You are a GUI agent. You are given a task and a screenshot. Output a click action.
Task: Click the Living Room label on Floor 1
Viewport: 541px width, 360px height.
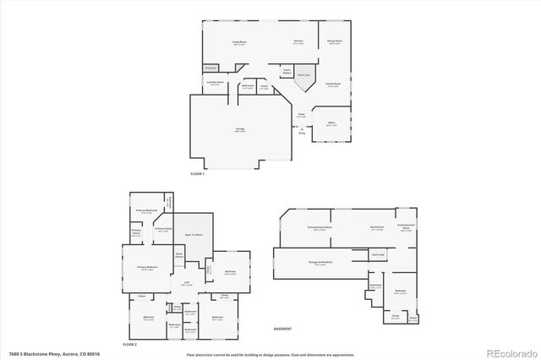coord(238,41)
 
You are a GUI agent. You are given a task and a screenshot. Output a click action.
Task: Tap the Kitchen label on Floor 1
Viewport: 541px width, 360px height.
coord(298,41)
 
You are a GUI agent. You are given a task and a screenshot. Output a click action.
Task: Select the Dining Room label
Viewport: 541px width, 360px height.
coord(335,41)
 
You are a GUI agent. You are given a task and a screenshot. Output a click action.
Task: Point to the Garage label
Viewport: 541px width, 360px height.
coord(240,129)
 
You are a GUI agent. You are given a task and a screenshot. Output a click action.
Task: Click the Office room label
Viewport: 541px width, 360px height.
coord(331,123)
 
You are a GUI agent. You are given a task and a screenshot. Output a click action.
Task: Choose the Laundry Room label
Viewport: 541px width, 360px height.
coord(215,83)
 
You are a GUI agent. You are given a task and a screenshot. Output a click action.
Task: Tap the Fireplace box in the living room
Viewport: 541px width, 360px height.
coord(210,67)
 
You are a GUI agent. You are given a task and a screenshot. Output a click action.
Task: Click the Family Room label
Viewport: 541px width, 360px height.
coord(335,85)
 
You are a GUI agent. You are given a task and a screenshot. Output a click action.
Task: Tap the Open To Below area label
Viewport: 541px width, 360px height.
coord(193,234)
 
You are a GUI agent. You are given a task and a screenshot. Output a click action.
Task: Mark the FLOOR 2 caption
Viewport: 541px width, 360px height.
coord(129,346)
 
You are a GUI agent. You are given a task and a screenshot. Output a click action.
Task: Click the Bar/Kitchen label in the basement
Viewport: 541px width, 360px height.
coord(378,227)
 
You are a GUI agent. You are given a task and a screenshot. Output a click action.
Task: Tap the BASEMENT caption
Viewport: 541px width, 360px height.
coord(283,329)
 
